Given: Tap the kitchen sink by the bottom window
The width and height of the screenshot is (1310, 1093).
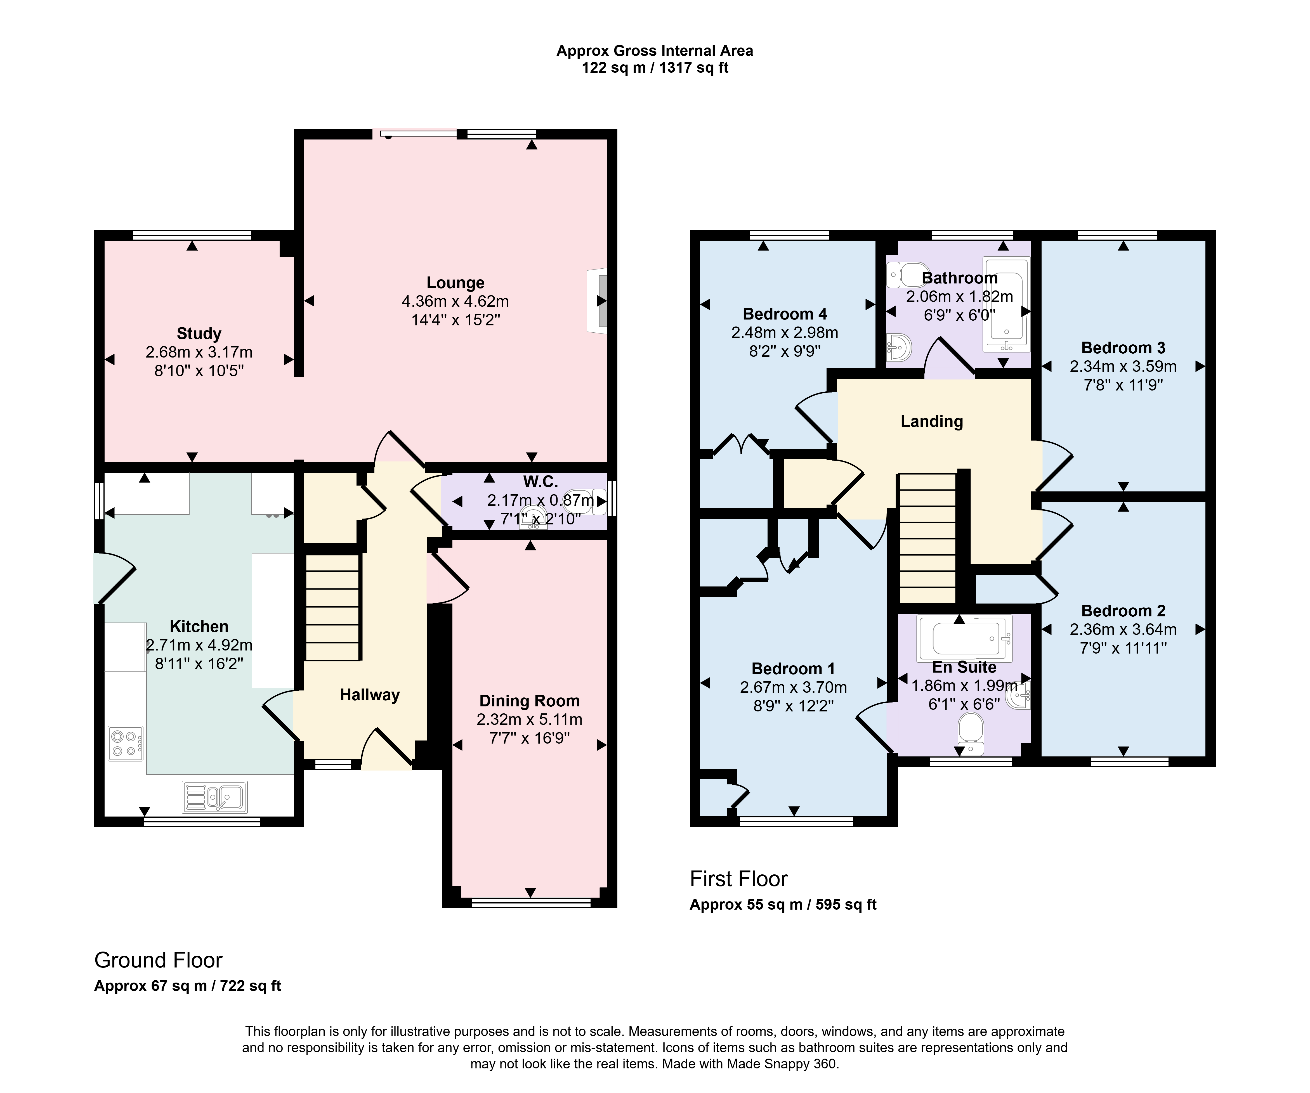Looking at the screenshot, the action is click(214, 797).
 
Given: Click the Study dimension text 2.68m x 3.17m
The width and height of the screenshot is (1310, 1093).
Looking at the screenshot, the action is click(199, 352).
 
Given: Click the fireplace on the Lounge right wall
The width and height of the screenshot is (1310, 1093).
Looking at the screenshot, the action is click(597, 301).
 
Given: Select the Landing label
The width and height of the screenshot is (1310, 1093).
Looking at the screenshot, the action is click(931, 422).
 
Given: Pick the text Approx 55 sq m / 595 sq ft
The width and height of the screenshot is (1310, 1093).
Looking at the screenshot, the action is click(783, 905).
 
